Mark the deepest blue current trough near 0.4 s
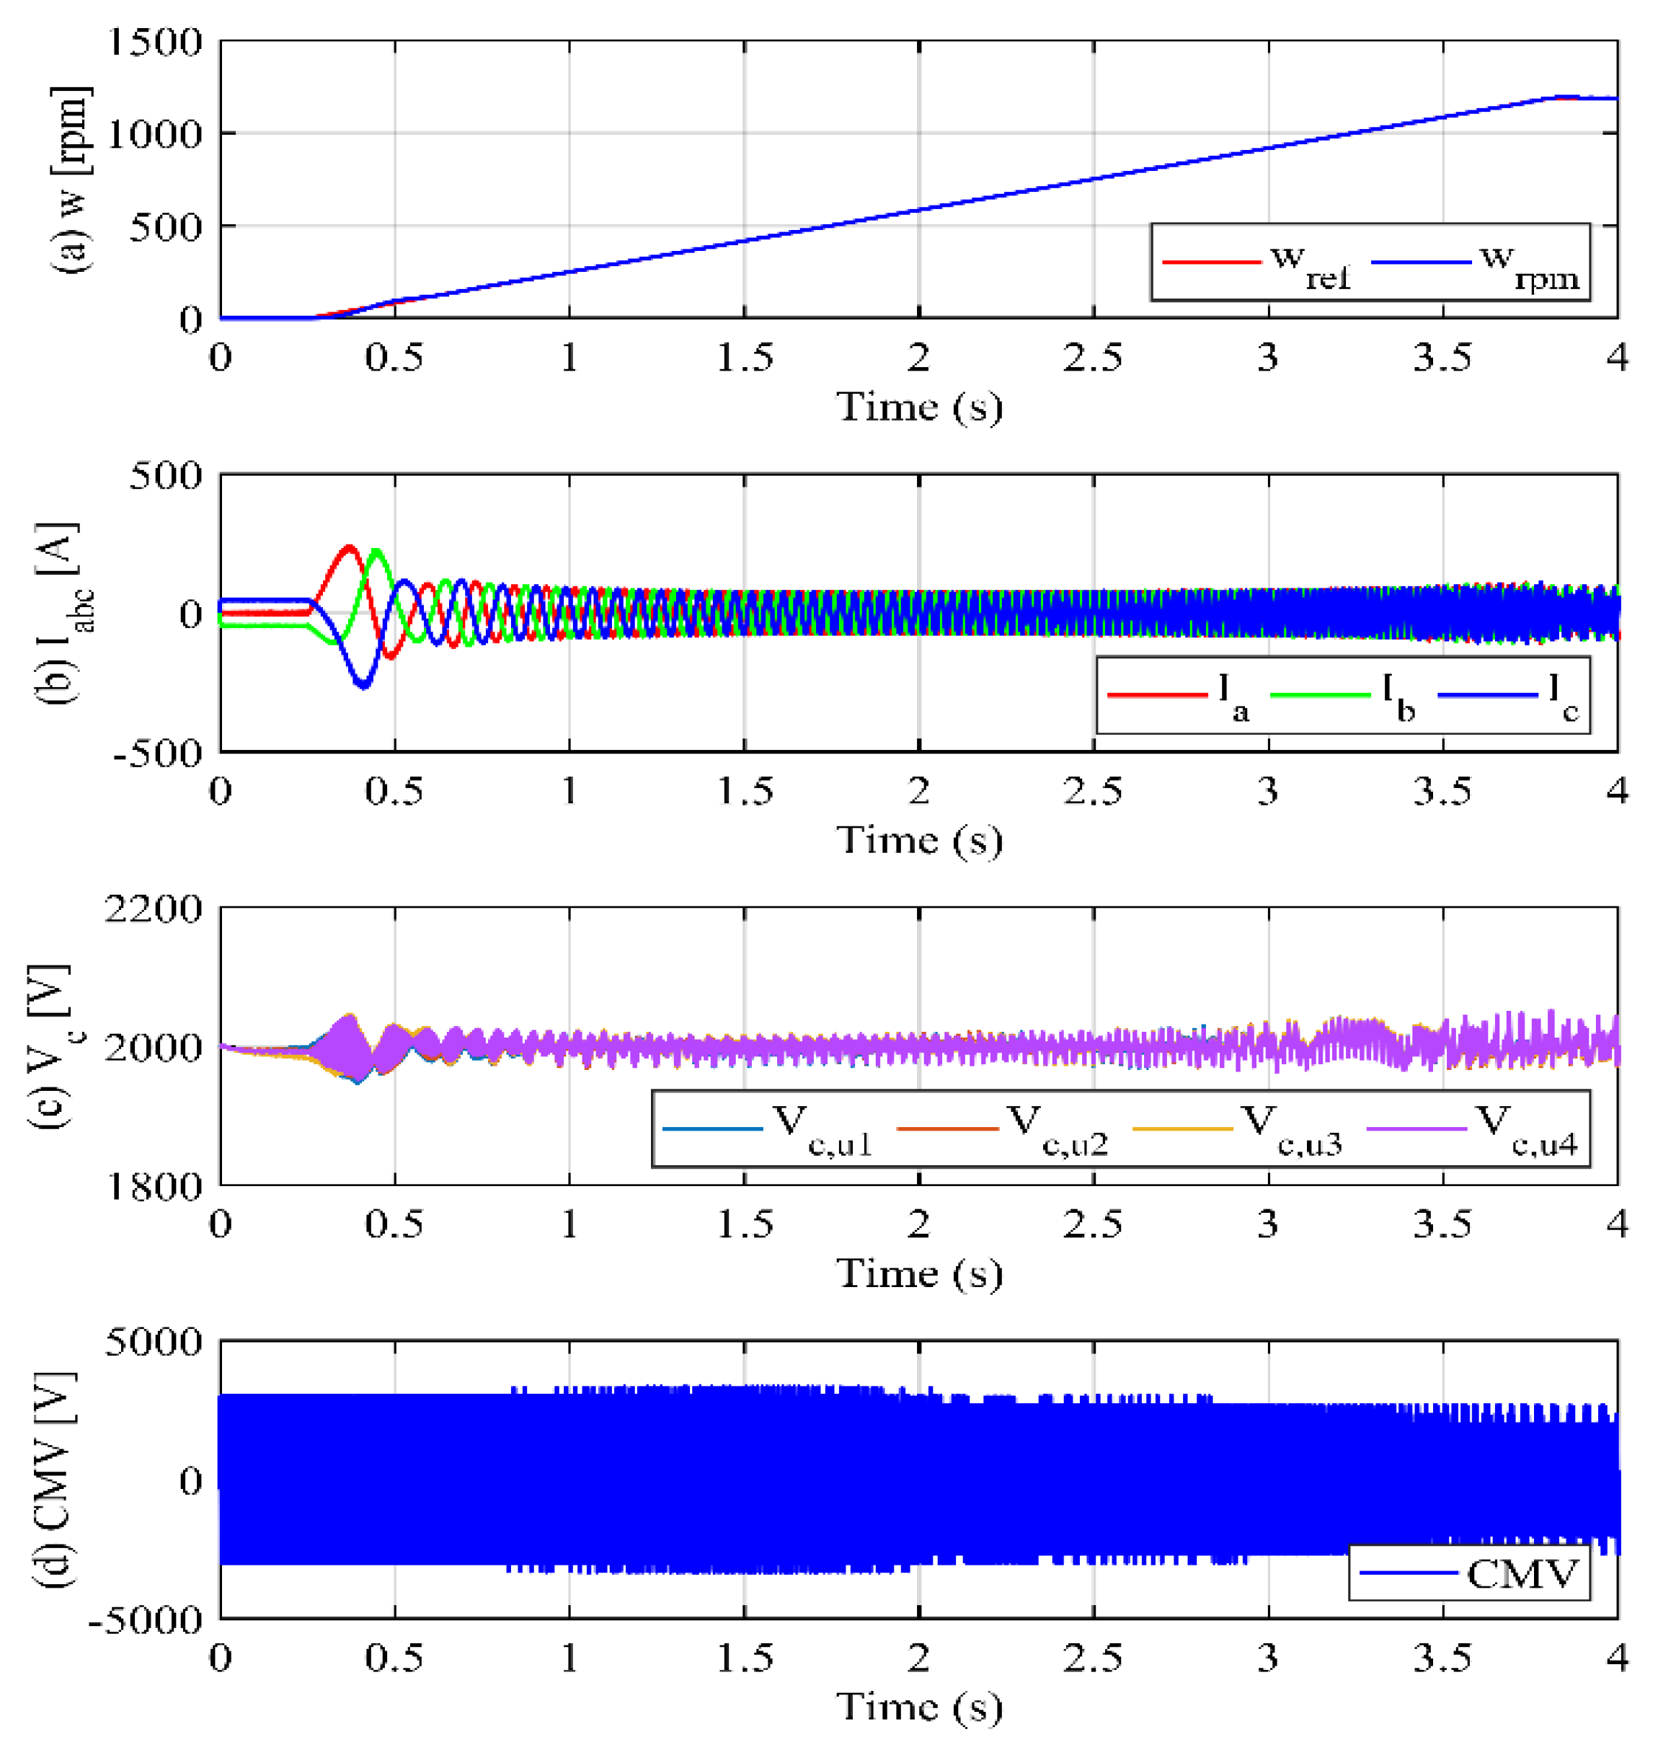(363, 686)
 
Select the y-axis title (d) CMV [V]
(60, 1481)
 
